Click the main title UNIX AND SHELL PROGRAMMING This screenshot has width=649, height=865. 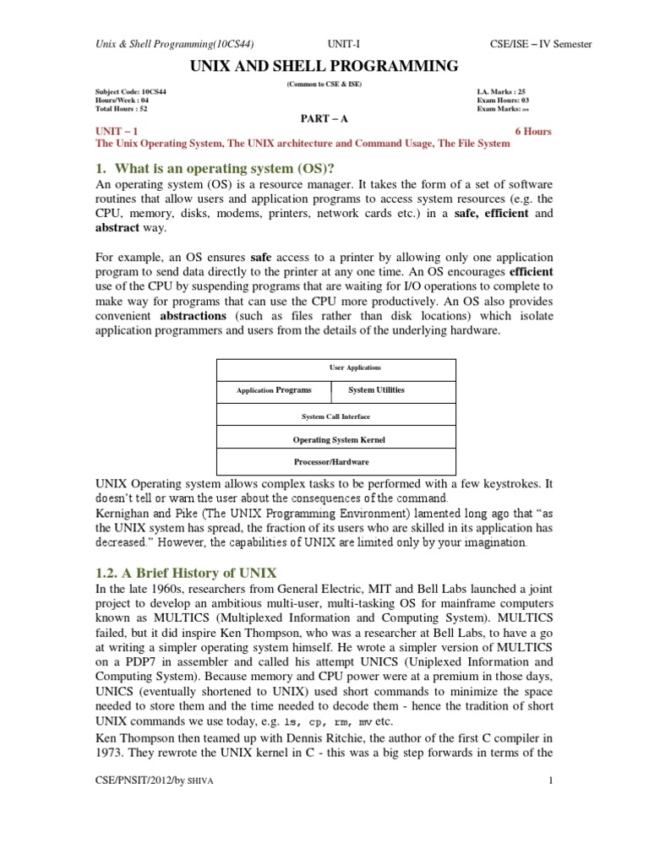(324, 67)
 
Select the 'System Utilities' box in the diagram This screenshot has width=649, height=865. (376, 390)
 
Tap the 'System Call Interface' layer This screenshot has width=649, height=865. (336, 416)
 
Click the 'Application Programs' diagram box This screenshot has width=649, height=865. (274, 390)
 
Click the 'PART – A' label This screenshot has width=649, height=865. (324, 119)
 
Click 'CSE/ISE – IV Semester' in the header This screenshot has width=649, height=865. (541, 44)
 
